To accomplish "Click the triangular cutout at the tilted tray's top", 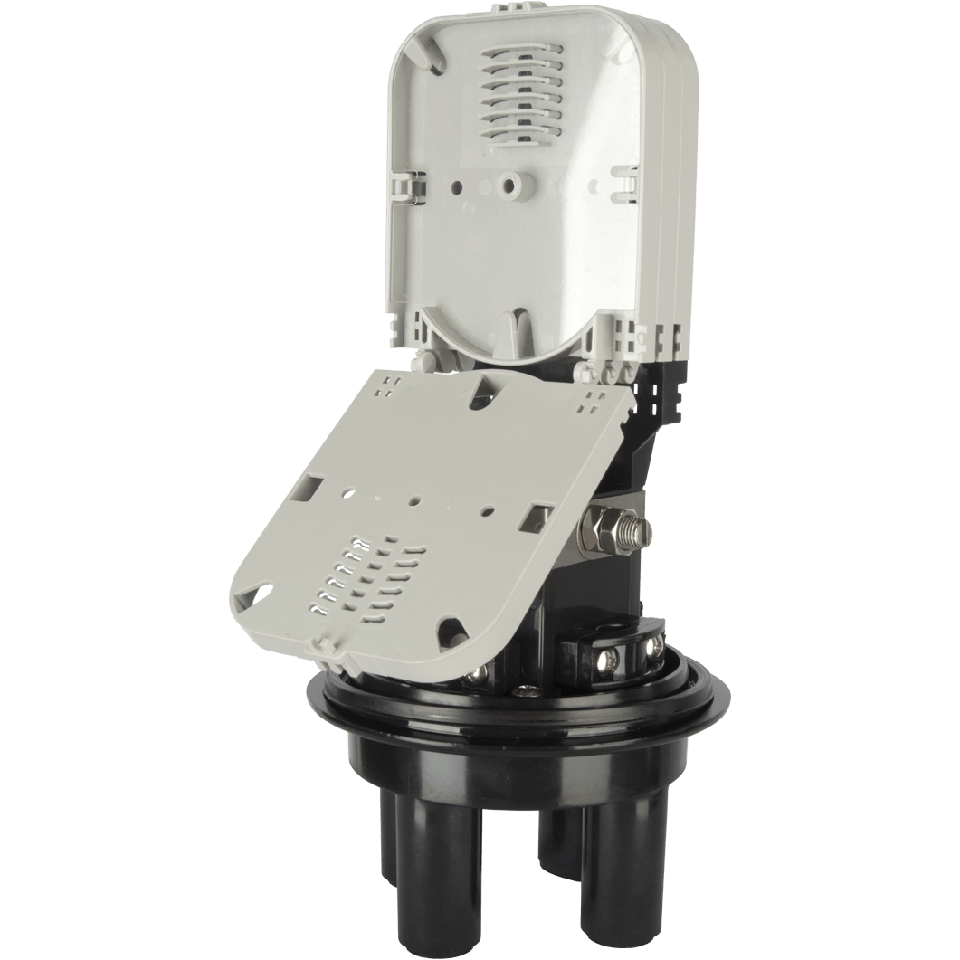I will (x=494, y=397).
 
